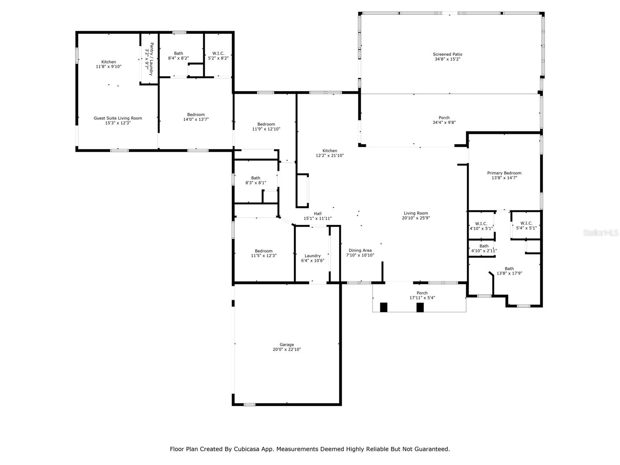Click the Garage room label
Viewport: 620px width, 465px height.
pos(287,344)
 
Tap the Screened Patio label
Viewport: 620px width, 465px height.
pos(448,54)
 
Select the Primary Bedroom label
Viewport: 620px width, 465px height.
pos(504,173)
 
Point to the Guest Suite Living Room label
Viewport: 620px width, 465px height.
pos(118,118)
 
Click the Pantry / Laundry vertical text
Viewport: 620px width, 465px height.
pos(152,59)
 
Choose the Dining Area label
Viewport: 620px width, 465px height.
pos(360,250)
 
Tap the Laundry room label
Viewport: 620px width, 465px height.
pos(312,256)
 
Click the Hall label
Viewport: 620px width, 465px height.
pos(317,214)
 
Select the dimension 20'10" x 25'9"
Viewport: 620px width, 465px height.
pos(416,218)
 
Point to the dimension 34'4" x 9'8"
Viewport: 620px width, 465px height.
pos(444,122)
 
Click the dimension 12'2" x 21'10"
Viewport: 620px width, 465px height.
pos(330,155)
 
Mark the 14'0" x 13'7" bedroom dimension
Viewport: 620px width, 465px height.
pos(196,119)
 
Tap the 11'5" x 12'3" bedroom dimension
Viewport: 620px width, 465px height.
pos(263,256)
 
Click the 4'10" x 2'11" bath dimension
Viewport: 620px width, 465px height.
pos(484,251)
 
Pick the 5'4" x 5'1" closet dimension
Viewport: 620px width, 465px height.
pos(526,228)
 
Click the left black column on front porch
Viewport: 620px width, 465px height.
pos(383,307)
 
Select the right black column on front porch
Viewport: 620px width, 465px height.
pos(420,307)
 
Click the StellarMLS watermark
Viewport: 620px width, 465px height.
pos(601,232)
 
